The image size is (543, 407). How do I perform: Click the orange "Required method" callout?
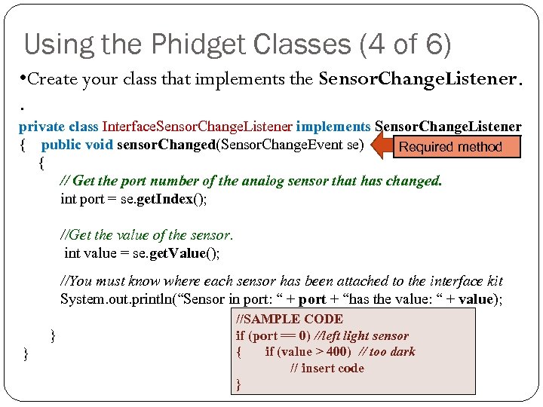[x=450, y=147]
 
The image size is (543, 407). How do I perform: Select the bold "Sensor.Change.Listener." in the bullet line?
[x=419, y=79]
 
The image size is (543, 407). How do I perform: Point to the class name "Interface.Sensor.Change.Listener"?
[x=198, y=127]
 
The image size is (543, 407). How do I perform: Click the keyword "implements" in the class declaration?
[x=334, y=127]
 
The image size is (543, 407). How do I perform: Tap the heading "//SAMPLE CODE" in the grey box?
[x=290, y=320]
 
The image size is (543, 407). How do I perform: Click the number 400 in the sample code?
[x=339, y=352]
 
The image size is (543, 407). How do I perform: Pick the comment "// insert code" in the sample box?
[x=327, y=369]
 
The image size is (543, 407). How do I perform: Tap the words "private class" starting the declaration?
[x=58, y=127]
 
